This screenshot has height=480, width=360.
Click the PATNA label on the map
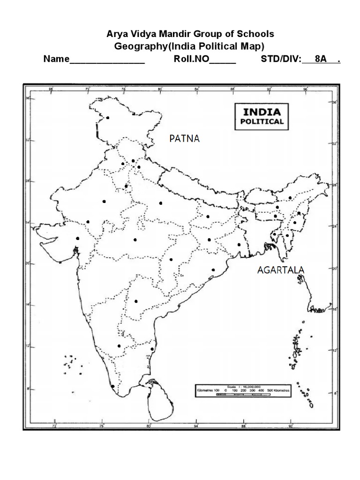pos(184,138)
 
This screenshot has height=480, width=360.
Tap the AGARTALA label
pos(281,270)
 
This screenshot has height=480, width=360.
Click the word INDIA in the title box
pos(262,112)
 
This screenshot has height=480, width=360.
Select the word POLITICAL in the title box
pos(262,121)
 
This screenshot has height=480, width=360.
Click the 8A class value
pos(321,60)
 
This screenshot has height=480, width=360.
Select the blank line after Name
pos(107,61)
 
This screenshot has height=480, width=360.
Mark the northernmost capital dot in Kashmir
pos(108,118)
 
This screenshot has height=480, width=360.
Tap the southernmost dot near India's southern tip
pos(112,386)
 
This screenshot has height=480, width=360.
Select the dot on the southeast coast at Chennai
pos(152,349)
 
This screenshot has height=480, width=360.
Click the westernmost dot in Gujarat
pos(77,239)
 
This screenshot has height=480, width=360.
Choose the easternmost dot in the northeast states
pos(299,213)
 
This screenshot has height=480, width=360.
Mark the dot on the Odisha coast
pos(213,270)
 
